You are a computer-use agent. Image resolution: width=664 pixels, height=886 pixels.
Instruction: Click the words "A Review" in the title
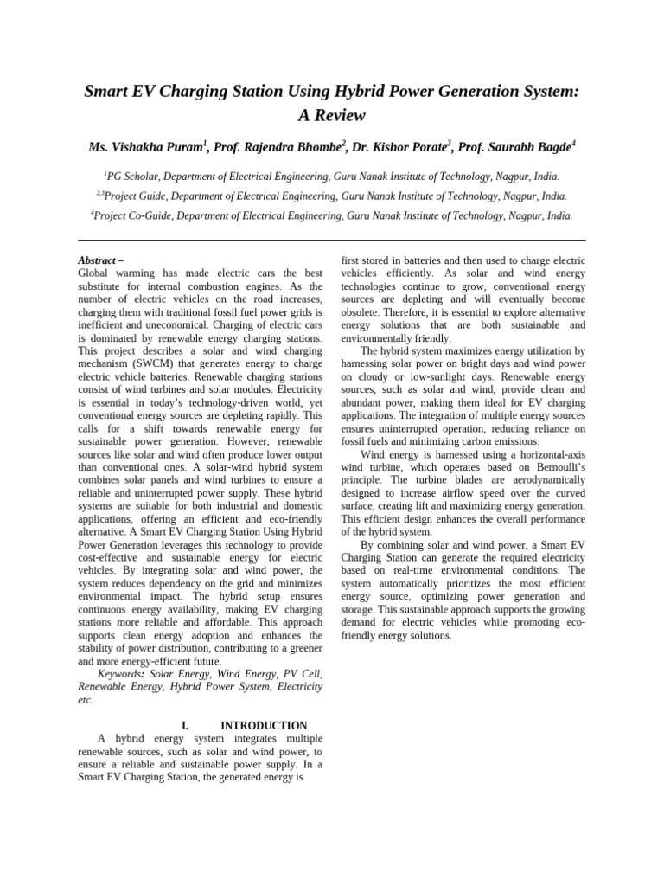(x=331, y=115)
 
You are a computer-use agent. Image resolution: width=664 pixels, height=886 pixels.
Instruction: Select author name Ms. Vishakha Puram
(x=146, y=147)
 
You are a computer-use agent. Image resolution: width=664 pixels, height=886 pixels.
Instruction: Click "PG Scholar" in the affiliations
(x=135, y=174)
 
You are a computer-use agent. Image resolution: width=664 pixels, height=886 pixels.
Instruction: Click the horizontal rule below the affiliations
(x=331, y=241)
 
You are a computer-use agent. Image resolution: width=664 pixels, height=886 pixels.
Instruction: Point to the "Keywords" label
(x=121, y=673)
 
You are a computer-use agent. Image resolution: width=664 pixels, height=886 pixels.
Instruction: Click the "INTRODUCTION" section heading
(x=264, y=725)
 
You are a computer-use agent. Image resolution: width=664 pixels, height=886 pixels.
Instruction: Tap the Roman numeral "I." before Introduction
(x=184, y=725)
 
